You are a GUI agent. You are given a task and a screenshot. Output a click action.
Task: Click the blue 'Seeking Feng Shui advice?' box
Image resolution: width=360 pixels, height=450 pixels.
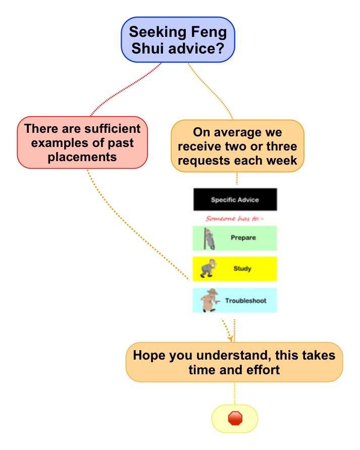tap(178, 39)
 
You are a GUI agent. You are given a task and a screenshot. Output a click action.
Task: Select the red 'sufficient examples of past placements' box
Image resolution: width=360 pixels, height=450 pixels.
tap(82, 142)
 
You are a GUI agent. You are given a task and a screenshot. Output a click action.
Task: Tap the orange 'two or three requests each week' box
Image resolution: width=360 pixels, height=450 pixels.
tap(237, 146)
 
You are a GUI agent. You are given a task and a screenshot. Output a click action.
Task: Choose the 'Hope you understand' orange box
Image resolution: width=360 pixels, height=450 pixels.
tap(234, 362)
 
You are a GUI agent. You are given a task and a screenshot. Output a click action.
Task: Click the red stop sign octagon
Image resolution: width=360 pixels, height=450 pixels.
tap(235, 418)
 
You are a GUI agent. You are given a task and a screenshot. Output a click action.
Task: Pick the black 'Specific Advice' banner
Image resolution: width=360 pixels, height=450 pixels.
tap(235, 199)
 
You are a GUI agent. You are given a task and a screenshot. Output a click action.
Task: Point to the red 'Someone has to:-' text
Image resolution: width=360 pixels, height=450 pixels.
tap(234, 219)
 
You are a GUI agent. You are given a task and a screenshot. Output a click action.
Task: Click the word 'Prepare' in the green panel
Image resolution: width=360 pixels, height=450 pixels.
tap(243, 238)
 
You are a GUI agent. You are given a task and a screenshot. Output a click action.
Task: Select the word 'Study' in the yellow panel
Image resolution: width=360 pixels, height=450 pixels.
tap(242, 269)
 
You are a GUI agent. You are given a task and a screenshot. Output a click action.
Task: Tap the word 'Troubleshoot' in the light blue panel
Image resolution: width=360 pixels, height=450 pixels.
tap(245, 301)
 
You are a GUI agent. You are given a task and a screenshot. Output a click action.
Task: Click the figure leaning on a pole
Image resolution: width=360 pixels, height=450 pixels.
tap(210, 238)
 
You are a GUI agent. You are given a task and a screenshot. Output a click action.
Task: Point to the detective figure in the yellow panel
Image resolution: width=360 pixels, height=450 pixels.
tap(208, 268)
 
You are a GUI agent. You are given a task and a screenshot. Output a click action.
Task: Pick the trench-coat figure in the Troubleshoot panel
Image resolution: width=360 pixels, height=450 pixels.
tap(210, 300)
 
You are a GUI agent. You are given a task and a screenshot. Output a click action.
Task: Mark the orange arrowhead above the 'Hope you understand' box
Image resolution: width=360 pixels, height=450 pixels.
tap(230, 338)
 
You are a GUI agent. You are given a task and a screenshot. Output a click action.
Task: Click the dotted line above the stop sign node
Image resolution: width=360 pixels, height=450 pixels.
tap(235, 393)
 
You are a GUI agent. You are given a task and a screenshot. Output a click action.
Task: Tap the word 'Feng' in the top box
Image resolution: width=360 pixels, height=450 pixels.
tap(209, 32)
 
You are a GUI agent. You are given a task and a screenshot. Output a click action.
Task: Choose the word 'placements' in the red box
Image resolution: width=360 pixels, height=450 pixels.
tap(82, 157)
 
